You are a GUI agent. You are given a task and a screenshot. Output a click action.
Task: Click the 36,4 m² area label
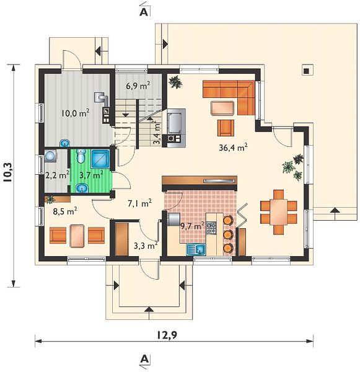coord(233,148)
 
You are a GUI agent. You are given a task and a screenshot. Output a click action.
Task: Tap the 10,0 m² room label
coord(75,113)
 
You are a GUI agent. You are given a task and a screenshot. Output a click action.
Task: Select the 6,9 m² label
coord(138,86)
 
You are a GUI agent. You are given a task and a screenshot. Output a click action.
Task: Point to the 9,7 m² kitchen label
coord(192,226)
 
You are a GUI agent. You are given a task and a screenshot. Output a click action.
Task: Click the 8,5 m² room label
coord(64,211)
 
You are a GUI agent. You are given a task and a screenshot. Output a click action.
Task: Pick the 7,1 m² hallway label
coord(139,203)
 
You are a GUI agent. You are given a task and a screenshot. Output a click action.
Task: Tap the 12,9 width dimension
coord(167,335)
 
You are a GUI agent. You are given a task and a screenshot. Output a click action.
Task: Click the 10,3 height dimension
coord(9,172)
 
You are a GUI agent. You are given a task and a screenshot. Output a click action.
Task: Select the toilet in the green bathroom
coord(81,156)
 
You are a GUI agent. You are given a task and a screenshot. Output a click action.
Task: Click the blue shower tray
coord(100,159)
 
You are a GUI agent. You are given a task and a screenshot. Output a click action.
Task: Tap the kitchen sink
coord(196,249)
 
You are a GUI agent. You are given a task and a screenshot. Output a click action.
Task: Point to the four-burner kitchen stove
coord(211,228)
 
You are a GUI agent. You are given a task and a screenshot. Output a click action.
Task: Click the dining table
coord(279,212)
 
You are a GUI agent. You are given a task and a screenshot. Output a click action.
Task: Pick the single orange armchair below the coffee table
coord(226,128)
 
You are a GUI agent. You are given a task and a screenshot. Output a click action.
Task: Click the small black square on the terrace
coord(307,71)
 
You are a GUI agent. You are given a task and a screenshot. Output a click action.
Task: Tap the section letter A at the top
coord(144,12)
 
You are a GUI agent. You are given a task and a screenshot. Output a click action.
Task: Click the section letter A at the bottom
coord(144,359)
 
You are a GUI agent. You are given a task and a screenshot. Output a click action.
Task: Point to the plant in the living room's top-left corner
coord(175,82)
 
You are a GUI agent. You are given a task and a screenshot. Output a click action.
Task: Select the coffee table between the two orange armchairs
coord(77,236)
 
